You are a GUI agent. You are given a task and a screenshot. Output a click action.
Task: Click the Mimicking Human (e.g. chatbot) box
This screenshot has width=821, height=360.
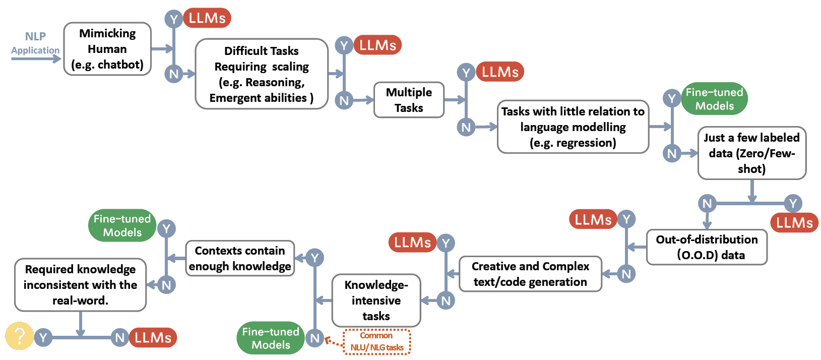[107, 49]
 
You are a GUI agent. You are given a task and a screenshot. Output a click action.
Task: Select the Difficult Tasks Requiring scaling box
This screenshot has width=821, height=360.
[262, 74]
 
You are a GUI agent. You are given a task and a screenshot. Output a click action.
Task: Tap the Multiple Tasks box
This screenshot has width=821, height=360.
[409, 100]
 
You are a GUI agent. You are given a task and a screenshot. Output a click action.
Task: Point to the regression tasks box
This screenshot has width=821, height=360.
[573, 127]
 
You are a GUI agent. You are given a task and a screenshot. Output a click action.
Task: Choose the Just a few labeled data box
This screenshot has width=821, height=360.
[751, 153]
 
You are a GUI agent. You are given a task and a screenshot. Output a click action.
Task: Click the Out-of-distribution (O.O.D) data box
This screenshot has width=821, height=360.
[707, 247]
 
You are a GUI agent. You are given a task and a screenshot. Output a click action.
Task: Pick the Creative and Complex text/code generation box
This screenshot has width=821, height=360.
[530, 274]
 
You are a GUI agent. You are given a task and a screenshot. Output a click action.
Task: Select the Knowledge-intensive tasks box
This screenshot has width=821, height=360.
[376, 301]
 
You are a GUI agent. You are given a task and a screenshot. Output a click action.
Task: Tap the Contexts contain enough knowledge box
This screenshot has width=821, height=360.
[240, 258]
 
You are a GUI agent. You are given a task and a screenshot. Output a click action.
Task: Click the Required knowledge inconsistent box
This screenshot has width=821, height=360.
[80, 285]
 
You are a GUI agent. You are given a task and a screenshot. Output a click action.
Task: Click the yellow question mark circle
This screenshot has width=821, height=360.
[19, 336]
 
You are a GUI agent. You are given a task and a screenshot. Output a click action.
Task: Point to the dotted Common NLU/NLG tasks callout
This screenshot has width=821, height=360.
[377, 342]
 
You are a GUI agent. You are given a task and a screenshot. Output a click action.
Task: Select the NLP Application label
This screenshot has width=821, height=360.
[35, 43]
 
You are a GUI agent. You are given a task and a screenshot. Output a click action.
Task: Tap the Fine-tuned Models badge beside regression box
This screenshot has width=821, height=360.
[714, 99]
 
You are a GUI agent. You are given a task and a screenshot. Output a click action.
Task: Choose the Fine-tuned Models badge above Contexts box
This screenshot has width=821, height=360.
[122, 225]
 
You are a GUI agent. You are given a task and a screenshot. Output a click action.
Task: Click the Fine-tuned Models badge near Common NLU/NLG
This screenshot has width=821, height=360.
[271, 338]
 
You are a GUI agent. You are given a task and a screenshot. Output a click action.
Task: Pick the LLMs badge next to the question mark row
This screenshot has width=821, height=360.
[153, 337]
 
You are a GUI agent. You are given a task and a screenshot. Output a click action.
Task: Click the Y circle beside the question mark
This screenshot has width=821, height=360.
[43, 337]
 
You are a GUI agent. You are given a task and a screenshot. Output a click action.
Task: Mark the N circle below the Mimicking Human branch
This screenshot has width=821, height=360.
[174, 74]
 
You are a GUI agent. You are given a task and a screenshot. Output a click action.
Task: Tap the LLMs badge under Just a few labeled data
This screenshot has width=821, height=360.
[794, 222]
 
